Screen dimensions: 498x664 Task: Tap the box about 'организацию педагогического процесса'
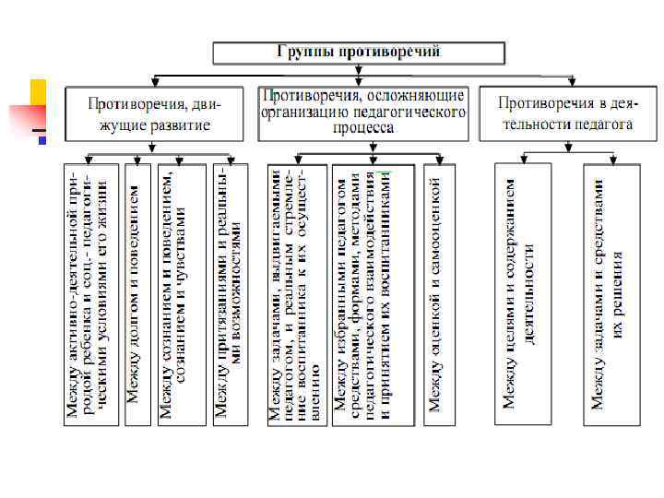pos(362,113)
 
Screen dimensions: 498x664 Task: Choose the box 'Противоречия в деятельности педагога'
pos(564,113)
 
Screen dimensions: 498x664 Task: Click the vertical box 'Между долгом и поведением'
pos(136,293)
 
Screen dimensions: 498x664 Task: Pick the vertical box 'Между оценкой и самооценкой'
pos(438,293)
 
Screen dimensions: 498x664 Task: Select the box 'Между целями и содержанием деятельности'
pos(521,293)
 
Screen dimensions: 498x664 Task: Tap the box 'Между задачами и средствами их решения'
pos(611,293)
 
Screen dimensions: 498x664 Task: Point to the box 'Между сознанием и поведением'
pos(176,293)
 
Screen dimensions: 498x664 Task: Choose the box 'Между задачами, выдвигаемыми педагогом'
pos(294,293)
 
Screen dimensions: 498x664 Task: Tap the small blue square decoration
pos(41,139)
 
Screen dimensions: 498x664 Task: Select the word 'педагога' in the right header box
pos(606,124)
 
